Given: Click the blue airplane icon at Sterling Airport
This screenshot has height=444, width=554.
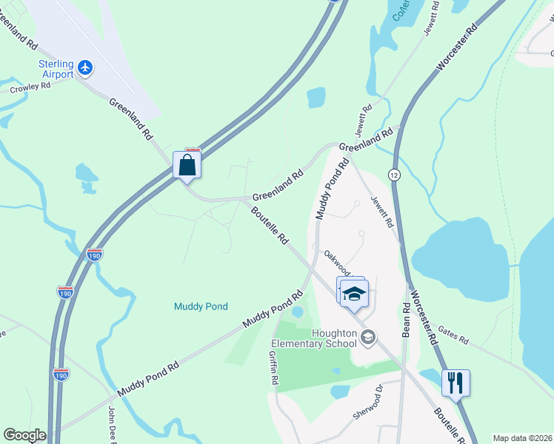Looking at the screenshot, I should click(86, 68).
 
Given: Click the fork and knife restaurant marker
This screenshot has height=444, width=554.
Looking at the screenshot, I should click(455, 383).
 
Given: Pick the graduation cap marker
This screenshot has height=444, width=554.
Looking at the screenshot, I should click(355, 293).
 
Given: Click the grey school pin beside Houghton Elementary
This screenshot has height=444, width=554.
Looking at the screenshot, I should click(368, 338).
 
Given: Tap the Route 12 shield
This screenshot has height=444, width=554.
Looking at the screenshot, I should click(393, 173).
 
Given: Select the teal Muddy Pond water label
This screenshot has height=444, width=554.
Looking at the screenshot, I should click(201, 306).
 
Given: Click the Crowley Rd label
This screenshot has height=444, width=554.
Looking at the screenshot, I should click(30, 87).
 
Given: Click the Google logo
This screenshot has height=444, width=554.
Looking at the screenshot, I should click(24, 435).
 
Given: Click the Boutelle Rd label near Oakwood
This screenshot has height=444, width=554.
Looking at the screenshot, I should click(269, 225).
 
